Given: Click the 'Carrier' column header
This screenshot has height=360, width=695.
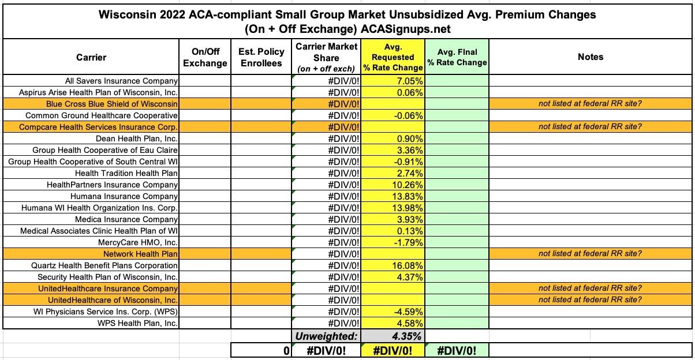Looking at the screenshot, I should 91,57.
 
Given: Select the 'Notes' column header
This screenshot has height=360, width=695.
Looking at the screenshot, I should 590,57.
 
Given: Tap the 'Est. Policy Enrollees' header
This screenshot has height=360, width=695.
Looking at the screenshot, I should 261,57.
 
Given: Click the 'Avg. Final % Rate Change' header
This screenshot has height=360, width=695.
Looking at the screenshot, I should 457,57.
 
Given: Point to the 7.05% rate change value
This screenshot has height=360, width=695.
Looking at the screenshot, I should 410,81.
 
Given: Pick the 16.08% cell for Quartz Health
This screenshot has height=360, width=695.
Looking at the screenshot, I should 408,266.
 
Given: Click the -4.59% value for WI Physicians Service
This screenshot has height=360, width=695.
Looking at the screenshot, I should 409,312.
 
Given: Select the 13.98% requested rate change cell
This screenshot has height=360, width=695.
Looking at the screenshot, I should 408,208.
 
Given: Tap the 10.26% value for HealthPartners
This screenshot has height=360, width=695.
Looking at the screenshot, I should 408,185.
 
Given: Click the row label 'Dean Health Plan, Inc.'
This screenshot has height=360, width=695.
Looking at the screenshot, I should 137,139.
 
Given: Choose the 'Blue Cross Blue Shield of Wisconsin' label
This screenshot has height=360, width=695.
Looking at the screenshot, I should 112,104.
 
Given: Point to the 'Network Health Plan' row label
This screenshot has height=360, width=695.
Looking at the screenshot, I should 140,254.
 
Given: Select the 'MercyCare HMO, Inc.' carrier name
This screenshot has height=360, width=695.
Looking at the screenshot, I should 138,243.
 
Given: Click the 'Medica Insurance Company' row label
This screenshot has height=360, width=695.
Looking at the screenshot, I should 126,220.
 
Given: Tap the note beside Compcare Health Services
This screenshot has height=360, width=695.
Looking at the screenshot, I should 590,127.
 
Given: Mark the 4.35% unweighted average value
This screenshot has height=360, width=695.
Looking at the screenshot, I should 407,336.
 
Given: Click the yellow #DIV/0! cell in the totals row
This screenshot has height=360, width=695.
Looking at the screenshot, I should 393,351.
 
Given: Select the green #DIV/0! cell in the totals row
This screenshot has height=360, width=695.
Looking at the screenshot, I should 457,351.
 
